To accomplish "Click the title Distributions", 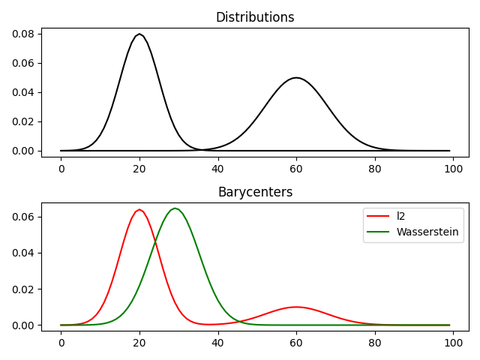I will (x=255, y=17).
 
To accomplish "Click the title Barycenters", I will (x=255, y=192).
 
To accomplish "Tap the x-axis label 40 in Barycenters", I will (x=218, y=342).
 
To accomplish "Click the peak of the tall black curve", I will (x=139, y=34).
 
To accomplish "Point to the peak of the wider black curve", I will (x=296, y=77).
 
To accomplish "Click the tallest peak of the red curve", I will (x=139, y=209).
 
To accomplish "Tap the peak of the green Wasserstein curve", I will (x=175, y=208).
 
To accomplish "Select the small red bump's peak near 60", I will (x=296, y=307).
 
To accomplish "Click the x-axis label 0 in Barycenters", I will (x=61, y=342).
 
